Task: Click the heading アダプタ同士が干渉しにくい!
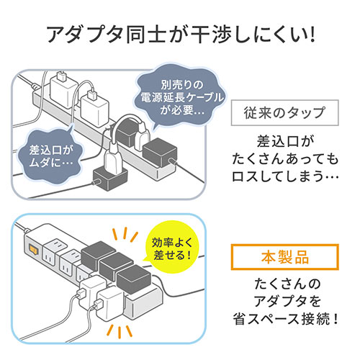tap(180, 33)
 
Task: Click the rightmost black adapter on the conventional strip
tap(161, 154)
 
